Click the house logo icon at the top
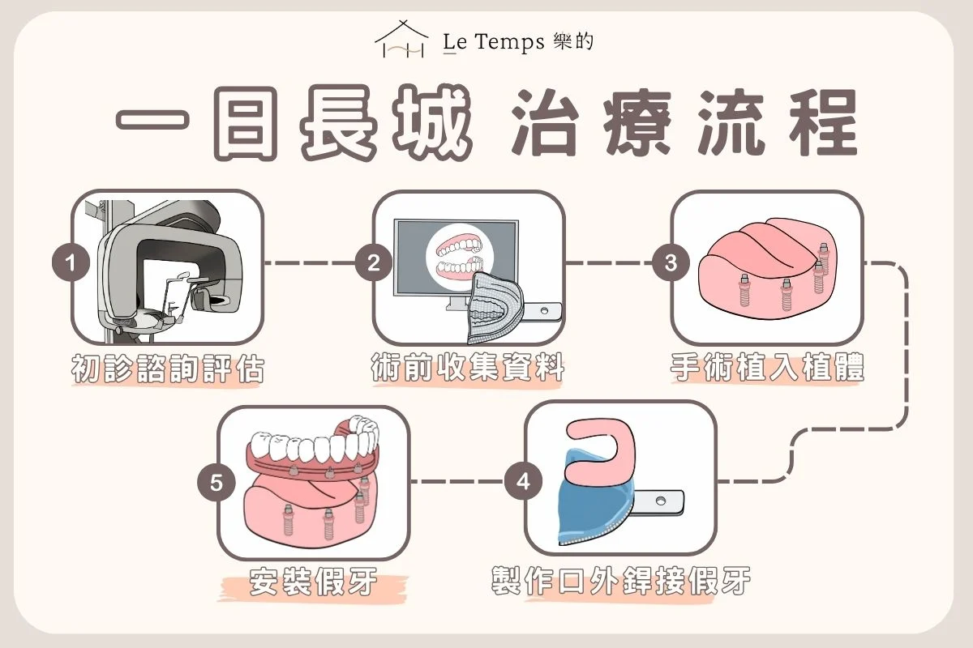pos(402,39)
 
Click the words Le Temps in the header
pos(494,42)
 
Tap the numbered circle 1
pos(71,262)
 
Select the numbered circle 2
pos(373,262)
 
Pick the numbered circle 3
pos(671,262)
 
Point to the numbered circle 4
pos(523,481)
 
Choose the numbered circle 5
pos(216,483)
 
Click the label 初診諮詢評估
pos(168,369)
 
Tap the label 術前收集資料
pos(467,367)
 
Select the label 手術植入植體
pos(767,367)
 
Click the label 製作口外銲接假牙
pos(621,580)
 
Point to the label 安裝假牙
pos(313,582)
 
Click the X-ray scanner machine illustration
pos(167,271)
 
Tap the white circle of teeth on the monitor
pos(460,258)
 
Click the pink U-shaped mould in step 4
pos(601,451)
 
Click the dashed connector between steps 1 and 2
pos(309,262)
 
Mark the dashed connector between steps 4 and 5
pos(457,481)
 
